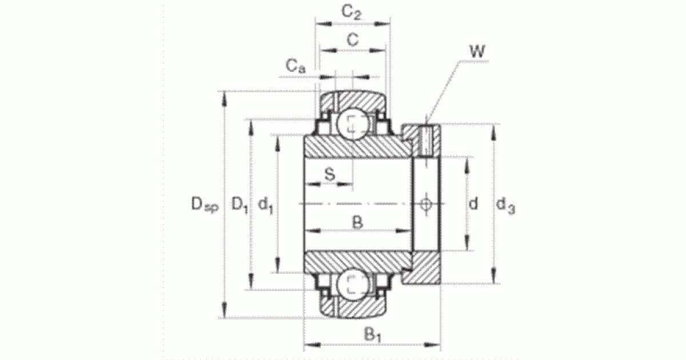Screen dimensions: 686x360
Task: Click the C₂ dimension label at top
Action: [x=352, y=13]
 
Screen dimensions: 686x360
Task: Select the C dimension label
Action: [x=353, y=40]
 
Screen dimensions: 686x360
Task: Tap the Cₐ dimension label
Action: [x=296, y=66]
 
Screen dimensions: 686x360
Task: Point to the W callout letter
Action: [x=477, y=51]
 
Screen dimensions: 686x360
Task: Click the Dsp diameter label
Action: [x=205, y=204]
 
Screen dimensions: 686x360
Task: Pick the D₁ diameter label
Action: [x=240, y=205]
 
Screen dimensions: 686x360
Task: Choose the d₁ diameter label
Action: [x=265, y=205]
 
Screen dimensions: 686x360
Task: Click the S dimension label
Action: [x=330, y=174]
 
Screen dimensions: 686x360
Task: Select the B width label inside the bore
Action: [x=357, y=222]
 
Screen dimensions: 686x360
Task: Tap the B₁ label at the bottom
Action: [x=372, y=335]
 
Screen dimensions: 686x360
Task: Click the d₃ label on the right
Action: [x=505, y=205]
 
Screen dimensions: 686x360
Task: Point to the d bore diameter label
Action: [x=473, y=203]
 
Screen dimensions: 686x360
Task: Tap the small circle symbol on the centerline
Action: [x=426, y=204]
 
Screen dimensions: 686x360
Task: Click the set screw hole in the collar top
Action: [x=426, y=141]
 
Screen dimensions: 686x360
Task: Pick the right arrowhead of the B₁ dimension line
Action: [x=432, y=346]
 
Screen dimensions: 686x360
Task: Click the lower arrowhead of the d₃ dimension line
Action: [x=493, y=275]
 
